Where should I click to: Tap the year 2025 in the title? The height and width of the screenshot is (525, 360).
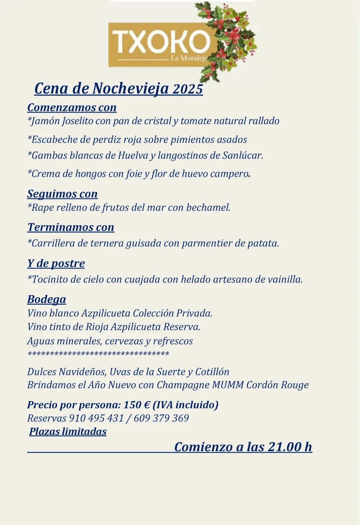click(x=188, y=89)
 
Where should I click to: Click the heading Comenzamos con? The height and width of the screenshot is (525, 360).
click(x=72, y=107)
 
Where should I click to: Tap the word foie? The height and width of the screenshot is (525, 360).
click(x=134, y=174)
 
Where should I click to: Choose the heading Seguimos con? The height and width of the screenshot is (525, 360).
click(x=62, y=194)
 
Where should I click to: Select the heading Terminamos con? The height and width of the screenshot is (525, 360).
click(x=71, y=227)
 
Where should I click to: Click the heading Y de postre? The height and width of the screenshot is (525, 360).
click(x=56, y=263)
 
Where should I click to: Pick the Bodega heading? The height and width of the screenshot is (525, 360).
click(x=47, y=299)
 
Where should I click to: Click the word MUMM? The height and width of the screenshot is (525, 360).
click(x=228, y=385)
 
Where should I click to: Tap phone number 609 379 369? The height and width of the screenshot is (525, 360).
click(x=161, y=418)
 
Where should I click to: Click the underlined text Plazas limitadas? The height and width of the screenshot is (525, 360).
click(x=68, y=431)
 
